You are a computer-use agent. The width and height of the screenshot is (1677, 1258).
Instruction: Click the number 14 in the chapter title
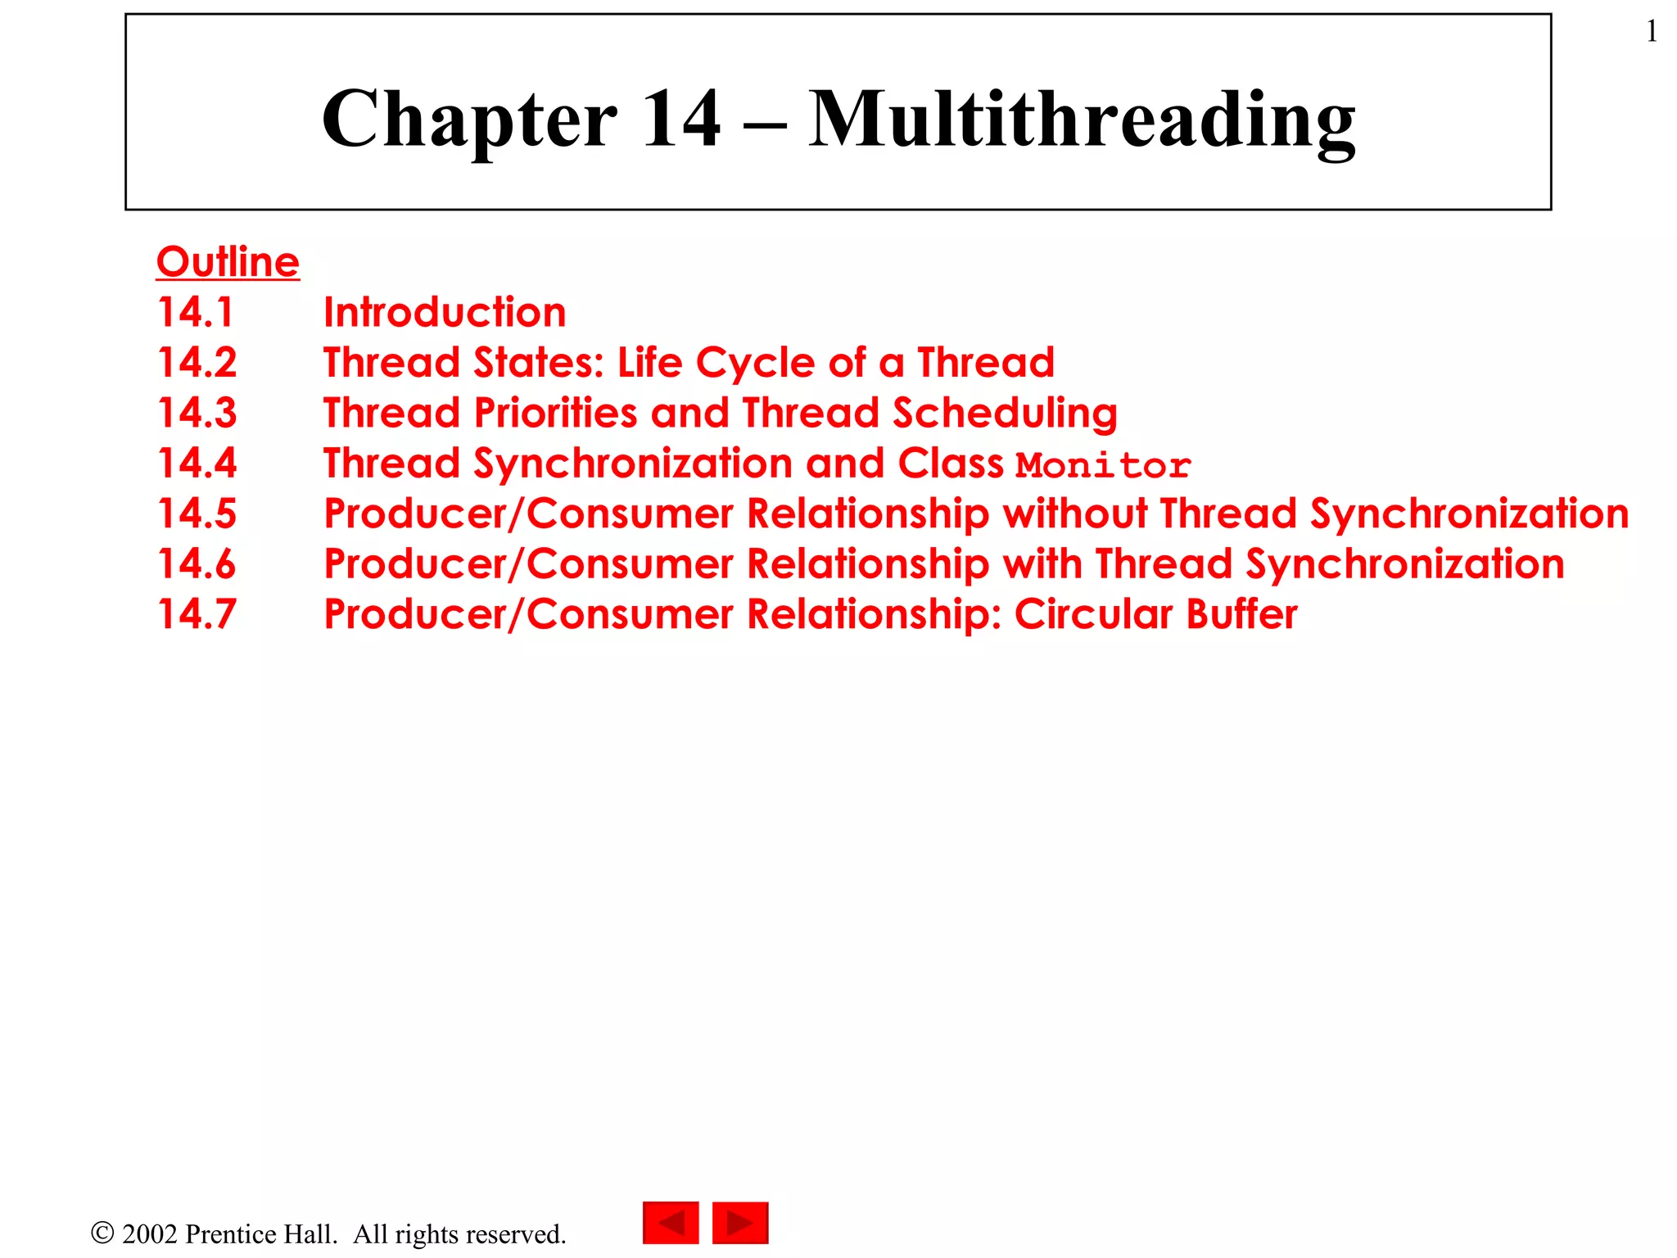coord(681,120)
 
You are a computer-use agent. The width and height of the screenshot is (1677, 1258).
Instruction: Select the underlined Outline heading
coord(228,262)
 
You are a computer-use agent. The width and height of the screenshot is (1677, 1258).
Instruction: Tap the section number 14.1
coord(196,312)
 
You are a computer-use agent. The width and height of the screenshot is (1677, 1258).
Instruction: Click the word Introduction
coord(445,312)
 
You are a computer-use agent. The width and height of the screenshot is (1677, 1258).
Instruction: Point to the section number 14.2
coord(197,362)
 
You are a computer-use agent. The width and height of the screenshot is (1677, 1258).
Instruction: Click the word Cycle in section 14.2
coord(755,364)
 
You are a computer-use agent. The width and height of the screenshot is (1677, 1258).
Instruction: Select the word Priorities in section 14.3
coord(555,413)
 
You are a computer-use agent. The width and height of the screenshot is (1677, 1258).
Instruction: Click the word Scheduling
coord(1005,414)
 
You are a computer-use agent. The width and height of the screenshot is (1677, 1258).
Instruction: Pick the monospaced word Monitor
coord(1103,465)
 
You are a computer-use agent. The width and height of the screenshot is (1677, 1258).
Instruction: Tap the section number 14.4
coord(197,463)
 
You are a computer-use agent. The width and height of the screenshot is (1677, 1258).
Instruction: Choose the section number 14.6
coord(197,563)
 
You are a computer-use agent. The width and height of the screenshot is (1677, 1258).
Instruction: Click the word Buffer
coord(1241,614)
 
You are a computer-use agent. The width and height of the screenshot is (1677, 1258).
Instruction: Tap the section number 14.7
coord(197,614)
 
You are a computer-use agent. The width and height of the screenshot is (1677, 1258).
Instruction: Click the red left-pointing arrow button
coord(671,1223)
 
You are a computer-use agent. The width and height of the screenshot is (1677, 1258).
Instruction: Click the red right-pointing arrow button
coord(740,1223)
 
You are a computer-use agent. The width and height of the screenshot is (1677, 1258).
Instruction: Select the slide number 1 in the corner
coord(1652,32)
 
